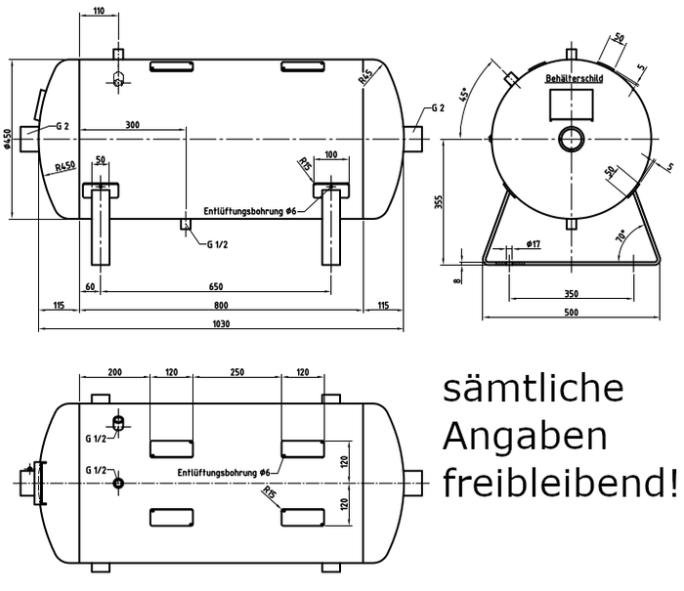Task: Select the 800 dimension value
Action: [x=221, y=307]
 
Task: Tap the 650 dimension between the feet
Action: [x=215, y=287]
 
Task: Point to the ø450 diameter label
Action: [x=7, y=139]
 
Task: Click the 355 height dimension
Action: [x=439, y=202]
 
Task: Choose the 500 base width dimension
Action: [x=571, y=313]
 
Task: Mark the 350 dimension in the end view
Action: [x=571, y=294]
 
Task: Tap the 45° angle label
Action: [x=465, y=94]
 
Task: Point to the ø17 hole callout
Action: [x=534, y=243]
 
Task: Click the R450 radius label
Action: [x=65, y=167]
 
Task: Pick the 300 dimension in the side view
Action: [x=132, y=125]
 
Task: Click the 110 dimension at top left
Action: [x=99, y=11]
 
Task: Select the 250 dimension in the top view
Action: [x=236, y=373]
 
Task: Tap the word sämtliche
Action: [x=533, y=388]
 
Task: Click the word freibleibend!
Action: [x=559, y=483]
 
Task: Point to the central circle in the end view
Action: [x=572, y=139]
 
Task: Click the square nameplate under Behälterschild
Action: [x=572, y=104]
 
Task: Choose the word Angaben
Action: [x=525, y=436]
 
